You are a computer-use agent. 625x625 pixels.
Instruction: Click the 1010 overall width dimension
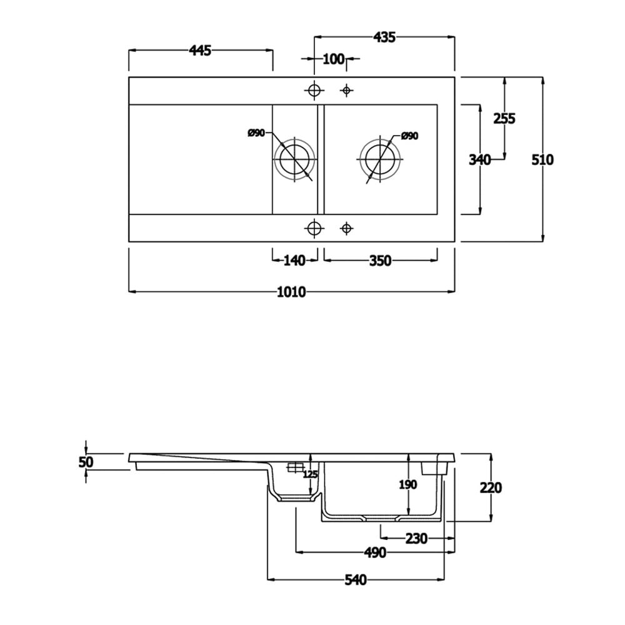tap(292, 292)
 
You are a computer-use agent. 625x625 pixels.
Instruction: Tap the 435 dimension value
tap(384, 37)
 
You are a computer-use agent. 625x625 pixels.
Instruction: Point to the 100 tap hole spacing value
tap(334, 59)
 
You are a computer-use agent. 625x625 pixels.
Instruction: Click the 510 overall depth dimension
tap(542, 160)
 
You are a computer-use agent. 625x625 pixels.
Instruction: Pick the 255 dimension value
tap(504, 118)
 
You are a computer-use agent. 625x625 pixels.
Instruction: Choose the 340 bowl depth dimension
tap(479, 160)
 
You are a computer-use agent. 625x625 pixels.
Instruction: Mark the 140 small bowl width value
tap(294, 261)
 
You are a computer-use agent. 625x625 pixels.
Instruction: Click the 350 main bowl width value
tap(379, 261)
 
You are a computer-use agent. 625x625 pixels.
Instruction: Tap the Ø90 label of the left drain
tap(256, 132)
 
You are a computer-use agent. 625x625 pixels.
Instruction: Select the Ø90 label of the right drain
tap(409, 136)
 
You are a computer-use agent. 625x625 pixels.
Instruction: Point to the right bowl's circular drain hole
tap(379, 158)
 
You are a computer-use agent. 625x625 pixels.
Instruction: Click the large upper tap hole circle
tap(314, 91)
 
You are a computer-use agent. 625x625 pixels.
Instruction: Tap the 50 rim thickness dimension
tap(86, 462)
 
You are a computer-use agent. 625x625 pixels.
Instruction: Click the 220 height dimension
tap(491, 487)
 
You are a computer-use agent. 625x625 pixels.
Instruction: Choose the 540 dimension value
tap(355, 580)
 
